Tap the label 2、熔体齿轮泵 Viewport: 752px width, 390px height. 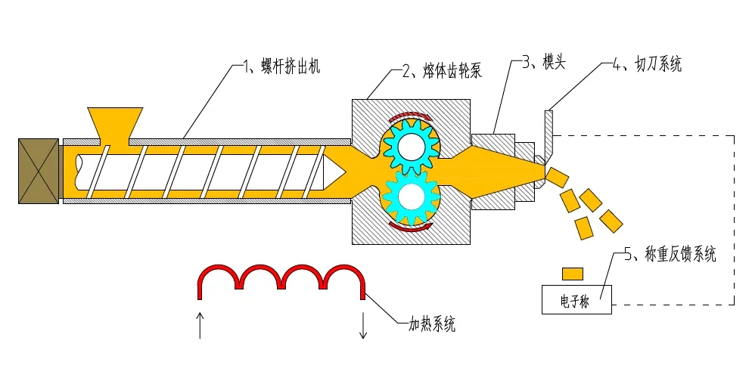tap(443, 72)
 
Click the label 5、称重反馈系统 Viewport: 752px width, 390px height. tap(670, 255)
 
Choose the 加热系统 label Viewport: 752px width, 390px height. tap(432, 326)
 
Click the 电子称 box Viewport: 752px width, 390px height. tap(576, 300)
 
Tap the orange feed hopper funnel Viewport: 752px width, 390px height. tap(115, 123)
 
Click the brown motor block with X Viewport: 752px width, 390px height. tap(39, 171)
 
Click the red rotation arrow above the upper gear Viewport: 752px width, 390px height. tap(409, 117)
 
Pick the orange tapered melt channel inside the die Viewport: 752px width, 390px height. tap(499, 171)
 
